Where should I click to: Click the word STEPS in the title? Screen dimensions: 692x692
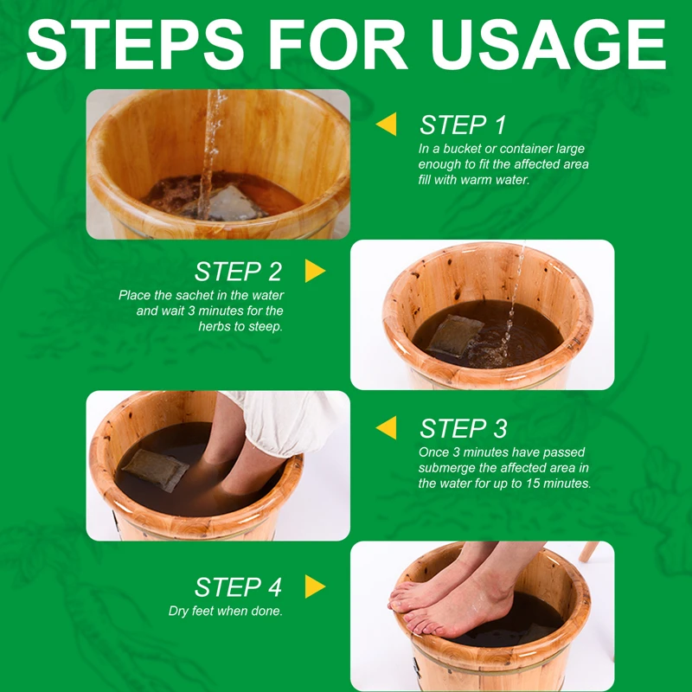135,44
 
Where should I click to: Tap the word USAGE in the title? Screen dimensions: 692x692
548,44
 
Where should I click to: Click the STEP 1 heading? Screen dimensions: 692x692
463,125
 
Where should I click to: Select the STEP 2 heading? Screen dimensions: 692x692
238,272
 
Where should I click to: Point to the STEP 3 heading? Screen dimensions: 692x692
463,428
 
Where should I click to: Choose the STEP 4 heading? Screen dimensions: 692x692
238,587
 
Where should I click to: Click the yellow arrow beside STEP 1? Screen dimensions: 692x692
386,124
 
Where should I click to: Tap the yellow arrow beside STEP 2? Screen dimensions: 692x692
315,271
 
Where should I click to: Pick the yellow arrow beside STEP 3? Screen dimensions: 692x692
386,427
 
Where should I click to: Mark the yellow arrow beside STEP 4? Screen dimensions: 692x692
315,586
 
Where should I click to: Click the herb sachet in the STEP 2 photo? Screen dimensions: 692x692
455,336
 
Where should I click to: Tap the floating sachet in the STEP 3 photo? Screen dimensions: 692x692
156,470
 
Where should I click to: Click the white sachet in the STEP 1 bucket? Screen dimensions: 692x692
225,204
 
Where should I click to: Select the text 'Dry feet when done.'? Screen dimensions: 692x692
226,612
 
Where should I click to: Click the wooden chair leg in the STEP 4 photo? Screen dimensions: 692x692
589,552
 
